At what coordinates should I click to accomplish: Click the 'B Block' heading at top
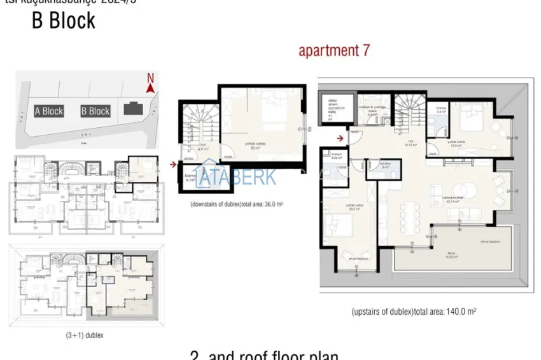64,21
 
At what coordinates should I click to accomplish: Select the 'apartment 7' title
334,51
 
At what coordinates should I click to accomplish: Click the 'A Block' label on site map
49,111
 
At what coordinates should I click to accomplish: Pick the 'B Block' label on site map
95,111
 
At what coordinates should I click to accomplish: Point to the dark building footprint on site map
133,108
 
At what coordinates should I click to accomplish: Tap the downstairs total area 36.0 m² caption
237,205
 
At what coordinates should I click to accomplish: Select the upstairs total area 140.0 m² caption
414,312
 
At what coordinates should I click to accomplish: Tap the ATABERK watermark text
236,177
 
